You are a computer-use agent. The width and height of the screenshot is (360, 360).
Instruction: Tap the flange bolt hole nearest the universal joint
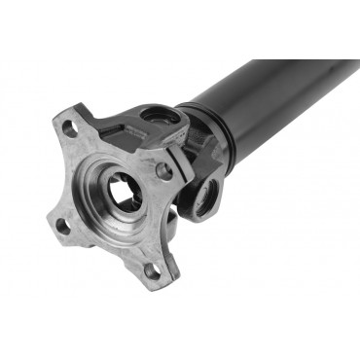point(164,170)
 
